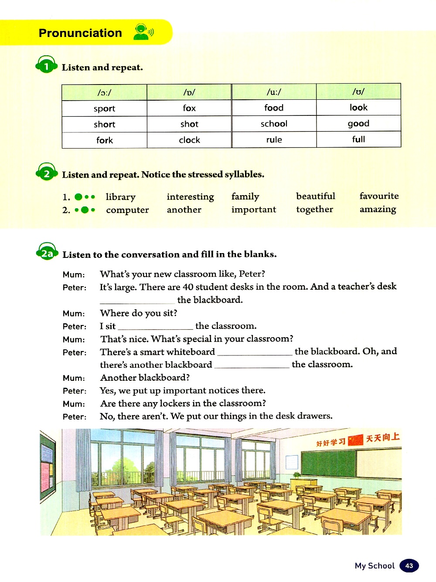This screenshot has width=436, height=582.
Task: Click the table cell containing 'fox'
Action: click(189, 108)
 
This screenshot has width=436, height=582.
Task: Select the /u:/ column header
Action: click(274, 92)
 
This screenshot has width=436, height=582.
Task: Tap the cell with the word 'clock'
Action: click(189, 140)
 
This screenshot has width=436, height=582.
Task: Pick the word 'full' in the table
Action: click(358, 139)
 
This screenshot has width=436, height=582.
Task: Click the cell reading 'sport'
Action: click(104, 108)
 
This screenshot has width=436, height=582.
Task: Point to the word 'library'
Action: click(120, 197)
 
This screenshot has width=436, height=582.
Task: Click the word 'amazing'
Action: click(378, 210)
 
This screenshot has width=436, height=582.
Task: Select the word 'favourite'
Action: click(379, 196)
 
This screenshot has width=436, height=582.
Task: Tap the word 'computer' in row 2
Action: click(127, 210)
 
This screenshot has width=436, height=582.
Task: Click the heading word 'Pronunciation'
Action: click(80, 33)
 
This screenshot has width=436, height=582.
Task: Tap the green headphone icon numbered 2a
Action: click(47, 253)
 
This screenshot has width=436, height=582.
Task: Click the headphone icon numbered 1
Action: click(46, 66)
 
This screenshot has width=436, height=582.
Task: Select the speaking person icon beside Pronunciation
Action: click(143, 32)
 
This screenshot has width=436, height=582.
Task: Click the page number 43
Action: click(409, 565)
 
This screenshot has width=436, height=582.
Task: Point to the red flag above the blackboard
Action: click(355, 440)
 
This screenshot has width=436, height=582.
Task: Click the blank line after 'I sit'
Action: click(155, 327)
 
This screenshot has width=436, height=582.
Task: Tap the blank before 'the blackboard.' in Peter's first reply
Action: click(137, 301)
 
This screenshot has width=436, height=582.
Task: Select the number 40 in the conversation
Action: click(188, 287)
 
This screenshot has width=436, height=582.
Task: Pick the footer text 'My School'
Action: click(375, 565)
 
